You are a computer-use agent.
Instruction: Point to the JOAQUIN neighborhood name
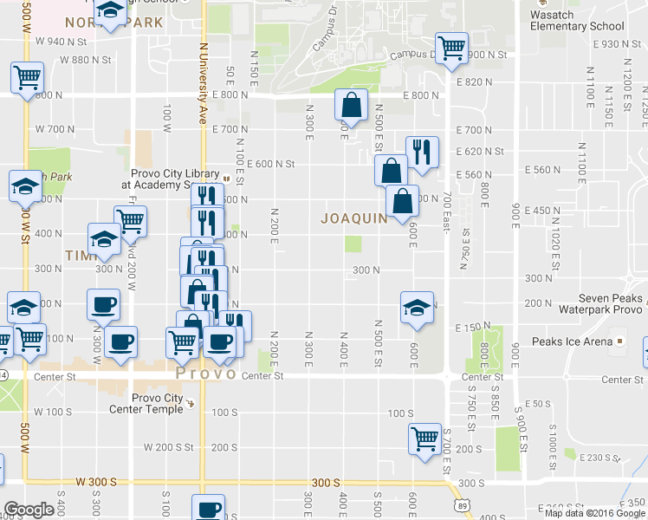coord(354,218)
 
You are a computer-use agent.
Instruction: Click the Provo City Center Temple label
coord(158,405)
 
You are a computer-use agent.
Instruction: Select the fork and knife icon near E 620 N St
coord(422,152)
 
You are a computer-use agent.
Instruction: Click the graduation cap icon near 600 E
coord(417,308)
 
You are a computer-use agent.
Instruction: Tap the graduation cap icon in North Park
coord(110,12)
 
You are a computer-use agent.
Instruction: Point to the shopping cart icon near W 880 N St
coord(27,77)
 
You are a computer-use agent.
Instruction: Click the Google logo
coord(28,510)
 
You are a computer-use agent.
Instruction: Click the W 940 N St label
coord(62,42)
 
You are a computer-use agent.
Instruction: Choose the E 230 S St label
coord(600,457)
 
